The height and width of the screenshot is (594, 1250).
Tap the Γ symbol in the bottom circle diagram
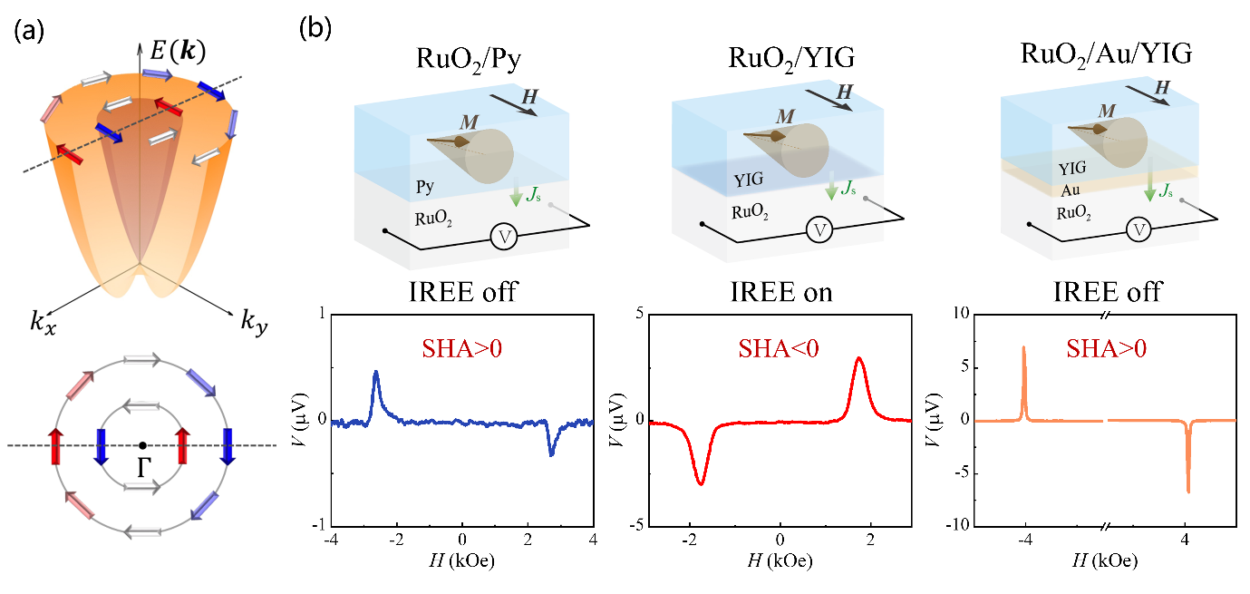[143, 465]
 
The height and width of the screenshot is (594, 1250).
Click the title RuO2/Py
[462, 62]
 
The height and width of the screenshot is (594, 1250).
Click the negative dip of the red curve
[700, 483]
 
